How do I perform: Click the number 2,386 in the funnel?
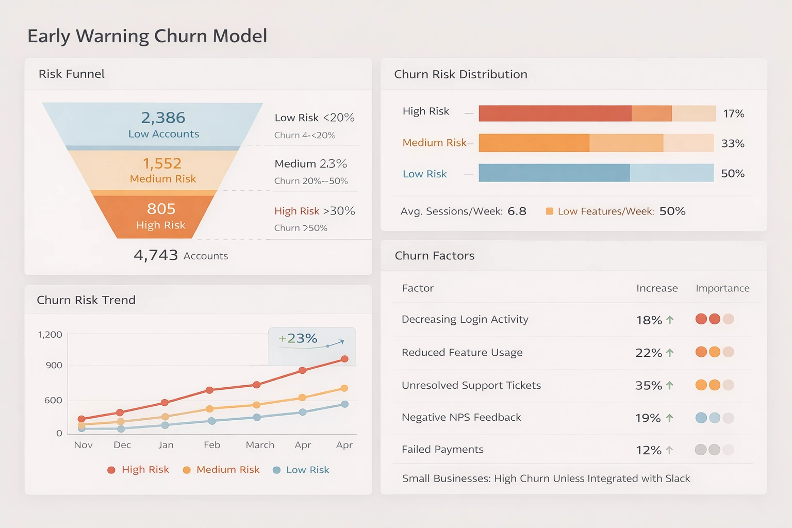click(x=163, y=118)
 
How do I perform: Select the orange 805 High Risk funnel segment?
click(x=160, y=216)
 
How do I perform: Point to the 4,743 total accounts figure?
click(x=156, y=255)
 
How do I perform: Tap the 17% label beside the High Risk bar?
click(x=733, y=113)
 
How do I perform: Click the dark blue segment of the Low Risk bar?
click(x=554, y=173)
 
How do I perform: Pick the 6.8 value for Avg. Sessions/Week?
click(x=517, y=211)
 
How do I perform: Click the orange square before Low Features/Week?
click(x=550, y=211)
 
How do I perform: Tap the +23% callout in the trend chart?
click(x=298, y=338)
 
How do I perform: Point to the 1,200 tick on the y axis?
click(x=50, y=335)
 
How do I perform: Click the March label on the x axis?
click(x=260, y=444)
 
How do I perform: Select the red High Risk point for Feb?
click(x=209, y=390)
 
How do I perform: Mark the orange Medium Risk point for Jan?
click(x=165, y=417)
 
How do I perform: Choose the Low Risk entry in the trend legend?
click(x=301, y=470)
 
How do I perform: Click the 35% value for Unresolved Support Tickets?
click(x=648, y=386)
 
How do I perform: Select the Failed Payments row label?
click(x=442, y=449)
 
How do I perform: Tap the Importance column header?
click(x=722, y=288)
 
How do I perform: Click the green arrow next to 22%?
click(x=670, y=353)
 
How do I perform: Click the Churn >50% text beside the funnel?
click(x=301, y=228)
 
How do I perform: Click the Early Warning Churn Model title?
click(x=147, y=36)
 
